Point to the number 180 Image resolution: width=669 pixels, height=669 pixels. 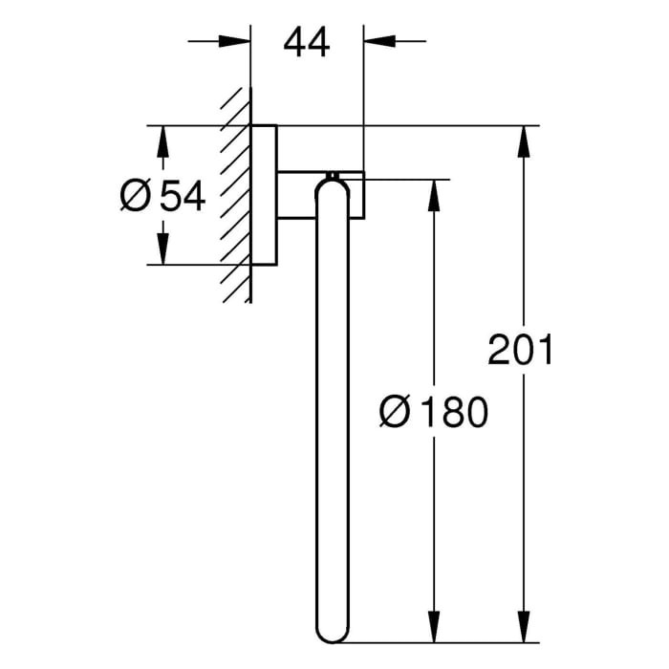coord(452,413)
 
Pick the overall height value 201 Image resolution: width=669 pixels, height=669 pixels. coord(521,350)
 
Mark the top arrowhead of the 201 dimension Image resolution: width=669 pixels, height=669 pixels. coord(524,140)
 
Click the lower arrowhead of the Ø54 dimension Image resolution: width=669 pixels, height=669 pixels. coord(162,250)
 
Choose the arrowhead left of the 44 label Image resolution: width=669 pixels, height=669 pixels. coord(235,41)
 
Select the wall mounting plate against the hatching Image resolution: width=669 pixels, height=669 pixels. coord(265,195)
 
